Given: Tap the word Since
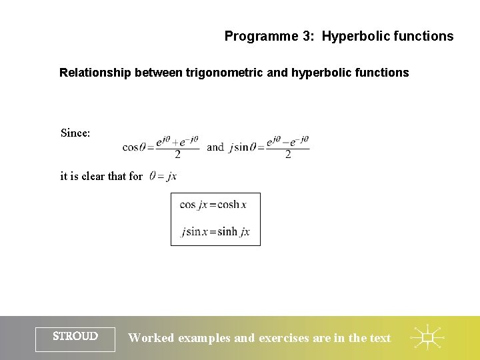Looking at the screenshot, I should click(75, 133).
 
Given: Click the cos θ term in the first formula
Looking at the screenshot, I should click(134, 147).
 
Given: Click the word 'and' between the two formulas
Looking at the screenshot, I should click(215, 147).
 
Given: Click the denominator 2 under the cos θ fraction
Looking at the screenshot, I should click(177, 155).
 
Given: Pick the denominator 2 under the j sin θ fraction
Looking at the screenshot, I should click(288, 155).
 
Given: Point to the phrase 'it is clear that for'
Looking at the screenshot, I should click(101, 177).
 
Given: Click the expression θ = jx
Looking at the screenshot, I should click(163, 177).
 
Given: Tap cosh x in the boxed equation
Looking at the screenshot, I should click(232, 205).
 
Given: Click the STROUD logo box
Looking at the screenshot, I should click(75, 338).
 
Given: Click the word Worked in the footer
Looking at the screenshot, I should click(151, 338).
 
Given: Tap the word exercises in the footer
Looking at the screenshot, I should click(284, 338).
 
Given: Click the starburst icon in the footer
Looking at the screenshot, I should click(428, 338).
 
